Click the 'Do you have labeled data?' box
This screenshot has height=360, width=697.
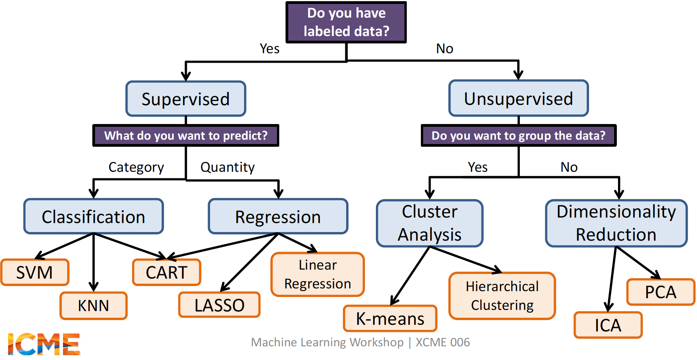[x=346, y=22]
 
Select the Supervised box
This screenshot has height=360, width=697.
[x=186, y=99]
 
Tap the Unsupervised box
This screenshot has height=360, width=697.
[x=518, y=99]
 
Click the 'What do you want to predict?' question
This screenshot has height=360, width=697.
[x=186, y=136]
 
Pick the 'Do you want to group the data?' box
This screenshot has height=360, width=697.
[x=518, y=136]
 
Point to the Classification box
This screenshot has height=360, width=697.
[x=93, y=217]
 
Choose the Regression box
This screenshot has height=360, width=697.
[x=278, y=217]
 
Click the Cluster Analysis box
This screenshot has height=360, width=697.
[x=429, y=223]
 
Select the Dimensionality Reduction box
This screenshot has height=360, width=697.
[x=616, y=223]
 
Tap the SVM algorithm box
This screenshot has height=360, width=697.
[x=35, y=272]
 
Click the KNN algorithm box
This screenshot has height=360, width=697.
[x=93, y=306]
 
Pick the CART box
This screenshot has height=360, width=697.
[x=167, y=272]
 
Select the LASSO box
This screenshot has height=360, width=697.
[x=219, y=305]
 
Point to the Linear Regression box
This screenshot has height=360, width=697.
[x=318, y=274]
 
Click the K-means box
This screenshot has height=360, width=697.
[x=390, y=319]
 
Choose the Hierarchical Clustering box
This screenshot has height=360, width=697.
[x=502, y=296]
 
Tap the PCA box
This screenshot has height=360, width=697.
[x=661, y=292]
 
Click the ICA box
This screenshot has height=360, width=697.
[x=608, y=325]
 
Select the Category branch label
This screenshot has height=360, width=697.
[x=136, y=167]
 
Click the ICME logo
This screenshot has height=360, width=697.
[x=44, y=344]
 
